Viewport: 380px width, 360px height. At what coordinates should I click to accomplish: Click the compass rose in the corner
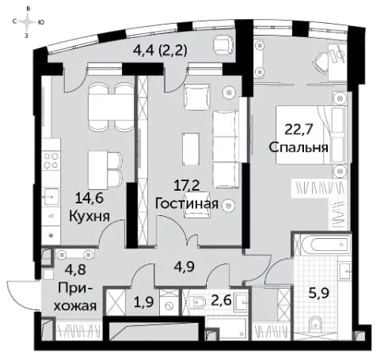[x=28, y=22]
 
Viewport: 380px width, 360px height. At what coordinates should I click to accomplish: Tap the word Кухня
[x=89, y=216]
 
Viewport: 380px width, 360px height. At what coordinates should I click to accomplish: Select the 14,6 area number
[x=89, y=198]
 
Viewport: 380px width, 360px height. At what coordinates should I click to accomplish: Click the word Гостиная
[x=187, y=203]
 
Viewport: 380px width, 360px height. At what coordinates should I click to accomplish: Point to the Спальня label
[x=298, y=147]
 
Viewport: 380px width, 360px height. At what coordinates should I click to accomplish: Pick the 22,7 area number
[x=298, y=130]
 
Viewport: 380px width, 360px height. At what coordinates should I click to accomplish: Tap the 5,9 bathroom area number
[x=319, y=294]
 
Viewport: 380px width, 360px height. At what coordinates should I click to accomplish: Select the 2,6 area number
[x=222, y=301]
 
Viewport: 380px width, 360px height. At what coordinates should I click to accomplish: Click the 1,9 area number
[x=144, y=301]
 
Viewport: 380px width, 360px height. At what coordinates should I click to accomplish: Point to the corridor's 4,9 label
[x=184, y=267]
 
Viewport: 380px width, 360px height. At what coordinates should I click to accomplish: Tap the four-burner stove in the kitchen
[x=51, y=161]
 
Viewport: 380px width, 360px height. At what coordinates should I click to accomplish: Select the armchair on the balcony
[x=223, y=45]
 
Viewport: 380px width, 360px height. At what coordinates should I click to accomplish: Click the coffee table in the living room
[x=190, y=149]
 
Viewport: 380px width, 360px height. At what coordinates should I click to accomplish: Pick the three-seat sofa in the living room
[x=226, y=150]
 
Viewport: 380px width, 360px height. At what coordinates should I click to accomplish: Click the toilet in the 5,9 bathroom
[x=316, y=324]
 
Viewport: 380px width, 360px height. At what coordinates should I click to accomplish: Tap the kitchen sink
[x=51, y=196]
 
